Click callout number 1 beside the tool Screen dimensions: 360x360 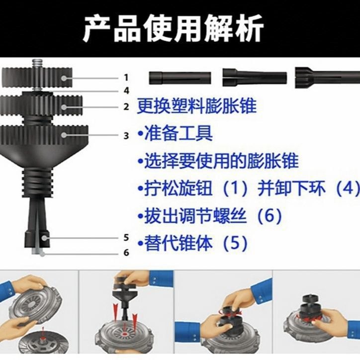(x=126, y=78)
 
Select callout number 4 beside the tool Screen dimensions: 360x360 (x=126, y=90)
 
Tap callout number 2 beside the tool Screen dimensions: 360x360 (x=126, y=106)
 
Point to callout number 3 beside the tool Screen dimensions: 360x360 (x=126, y=135)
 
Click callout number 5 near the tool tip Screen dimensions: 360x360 (x=126, y=238)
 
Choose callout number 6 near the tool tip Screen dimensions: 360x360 (x=126, y=253)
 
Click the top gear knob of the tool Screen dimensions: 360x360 (x=37, y=78)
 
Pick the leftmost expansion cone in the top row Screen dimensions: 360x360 (x=180, y=78)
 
